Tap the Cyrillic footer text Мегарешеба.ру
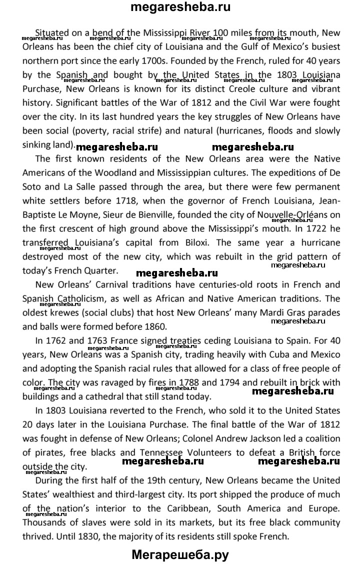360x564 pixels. tap(180, 554)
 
